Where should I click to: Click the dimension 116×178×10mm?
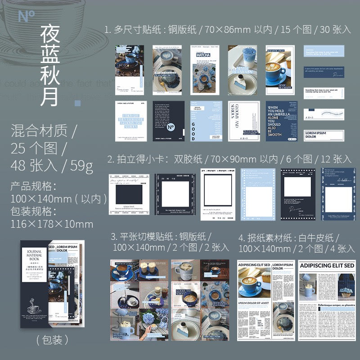pyautogui.click(x=52, y=224)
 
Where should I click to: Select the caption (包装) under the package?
pyautogui.click(x=52, y=338)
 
